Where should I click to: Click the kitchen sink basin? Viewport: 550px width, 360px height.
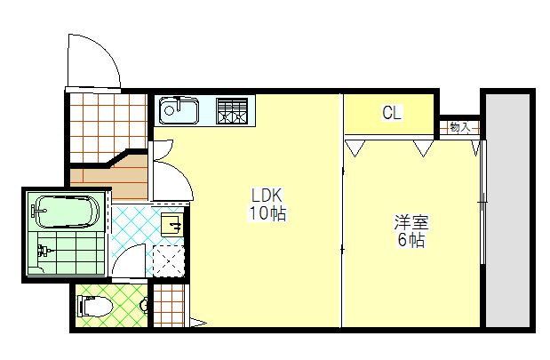pos(179,112)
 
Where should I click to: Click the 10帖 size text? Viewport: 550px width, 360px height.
pos(267,213)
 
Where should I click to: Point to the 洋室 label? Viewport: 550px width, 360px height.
pos(411,222)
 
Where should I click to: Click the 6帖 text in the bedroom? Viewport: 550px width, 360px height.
pos(411,240)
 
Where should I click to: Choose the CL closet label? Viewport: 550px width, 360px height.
pos(391,113)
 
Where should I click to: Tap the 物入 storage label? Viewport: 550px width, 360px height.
pos(459,127)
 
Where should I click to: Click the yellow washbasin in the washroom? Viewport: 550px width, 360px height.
pos(173,223)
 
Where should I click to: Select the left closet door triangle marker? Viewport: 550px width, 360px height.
pos(356,148)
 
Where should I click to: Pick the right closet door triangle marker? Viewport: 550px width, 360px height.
pos(423,148)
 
